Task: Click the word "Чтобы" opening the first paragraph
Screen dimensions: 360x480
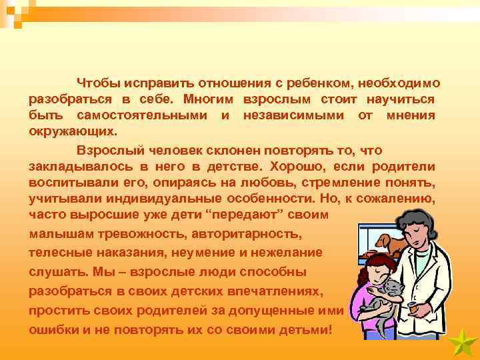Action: [98, 83]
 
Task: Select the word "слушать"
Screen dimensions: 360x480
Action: [53, 273]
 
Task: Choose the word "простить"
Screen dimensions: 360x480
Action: [55, 311]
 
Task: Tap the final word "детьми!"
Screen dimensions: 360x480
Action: [303, 330]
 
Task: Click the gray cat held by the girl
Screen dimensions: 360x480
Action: [387, 294]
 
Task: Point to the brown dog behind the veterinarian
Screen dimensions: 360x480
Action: [390, 244]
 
